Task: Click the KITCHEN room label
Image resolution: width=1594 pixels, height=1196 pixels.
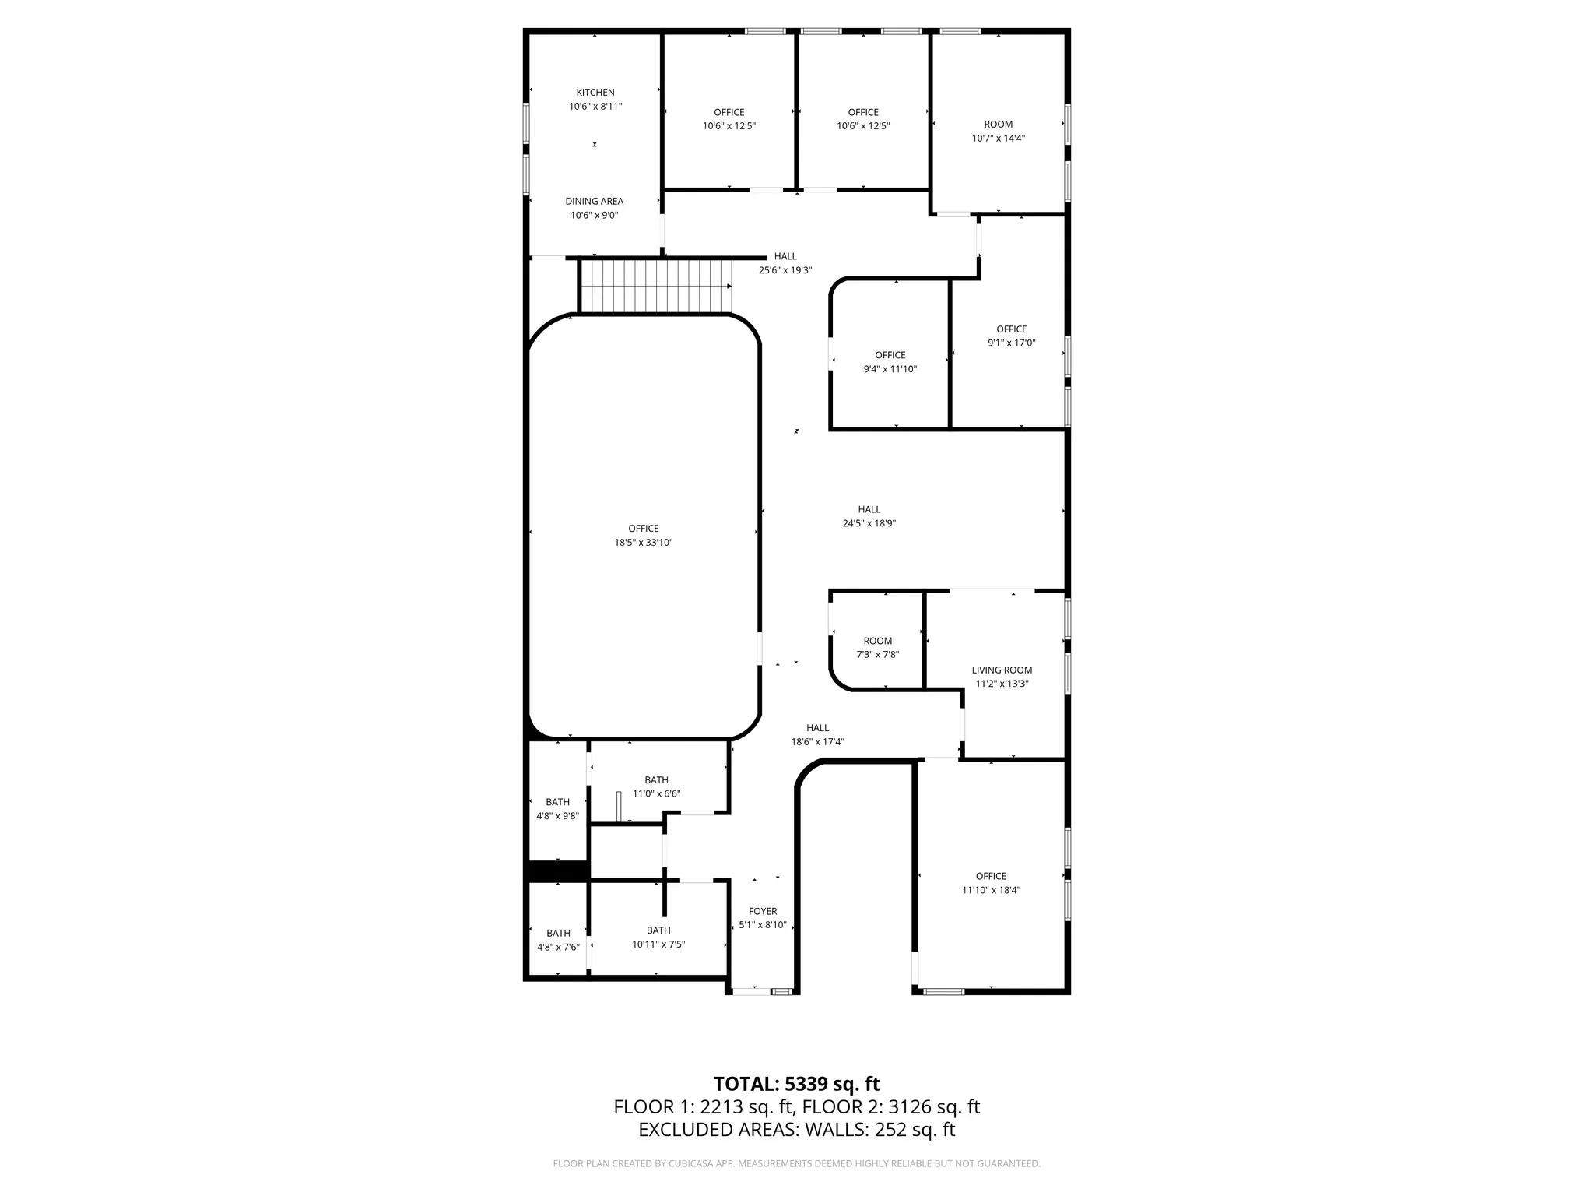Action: point(595,93)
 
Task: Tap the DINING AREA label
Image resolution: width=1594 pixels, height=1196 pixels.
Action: point(594,202)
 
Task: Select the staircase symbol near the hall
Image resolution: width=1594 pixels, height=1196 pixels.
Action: point(657,286)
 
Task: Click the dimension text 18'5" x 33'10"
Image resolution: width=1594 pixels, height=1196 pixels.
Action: point(643,543)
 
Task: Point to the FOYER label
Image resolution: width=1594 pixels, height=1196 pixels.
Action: point(763,911)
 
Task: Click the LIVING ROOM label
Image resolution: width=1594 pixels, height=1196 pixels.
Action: point(1002,670)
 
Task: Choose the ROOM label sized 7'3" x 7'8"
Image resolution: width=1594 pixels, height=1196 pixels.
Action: point(877,641)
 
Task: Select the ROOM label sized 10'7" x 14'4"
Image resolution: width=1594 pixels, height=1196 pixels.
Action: point(998,125)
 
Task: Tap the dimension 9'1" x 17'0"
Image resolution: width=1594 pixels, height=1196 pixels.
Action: point(1011,343)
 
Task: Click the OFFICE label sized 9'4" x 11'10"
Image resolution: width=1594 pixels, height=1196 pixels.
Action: point(890,355)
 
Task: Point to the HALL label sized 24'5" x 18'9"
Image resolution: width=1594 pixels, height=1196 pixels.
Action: point(869,509)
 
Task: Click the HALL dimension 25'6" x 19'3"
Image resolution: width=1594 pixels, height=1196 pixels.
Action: point(785,270)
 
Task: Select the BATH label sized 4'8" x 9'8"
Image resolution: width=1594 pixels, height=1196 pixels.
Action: point(557,802)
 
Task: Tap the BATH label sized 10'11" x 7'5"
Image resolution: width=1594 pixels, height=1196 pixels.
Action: point(658,930)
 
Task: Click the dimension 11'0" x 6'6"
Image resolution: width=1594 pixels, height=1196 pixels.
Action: point(656,793)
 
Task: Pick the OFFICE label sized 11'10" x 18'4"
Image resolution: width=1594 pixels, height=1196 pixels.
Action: point(991,876)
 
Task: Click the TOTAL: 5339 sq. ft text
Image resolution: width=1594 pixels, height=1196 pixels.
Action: point(796,1084)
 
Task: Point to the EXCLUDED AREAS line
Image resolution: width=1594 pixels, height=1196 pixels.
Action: point(796,1130)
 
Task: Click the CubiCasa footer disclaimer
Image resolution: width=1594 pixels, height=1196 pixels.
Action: point(796,1164)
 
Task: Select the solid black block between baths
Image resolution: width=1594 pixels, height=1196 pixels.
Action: point(557,871)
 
